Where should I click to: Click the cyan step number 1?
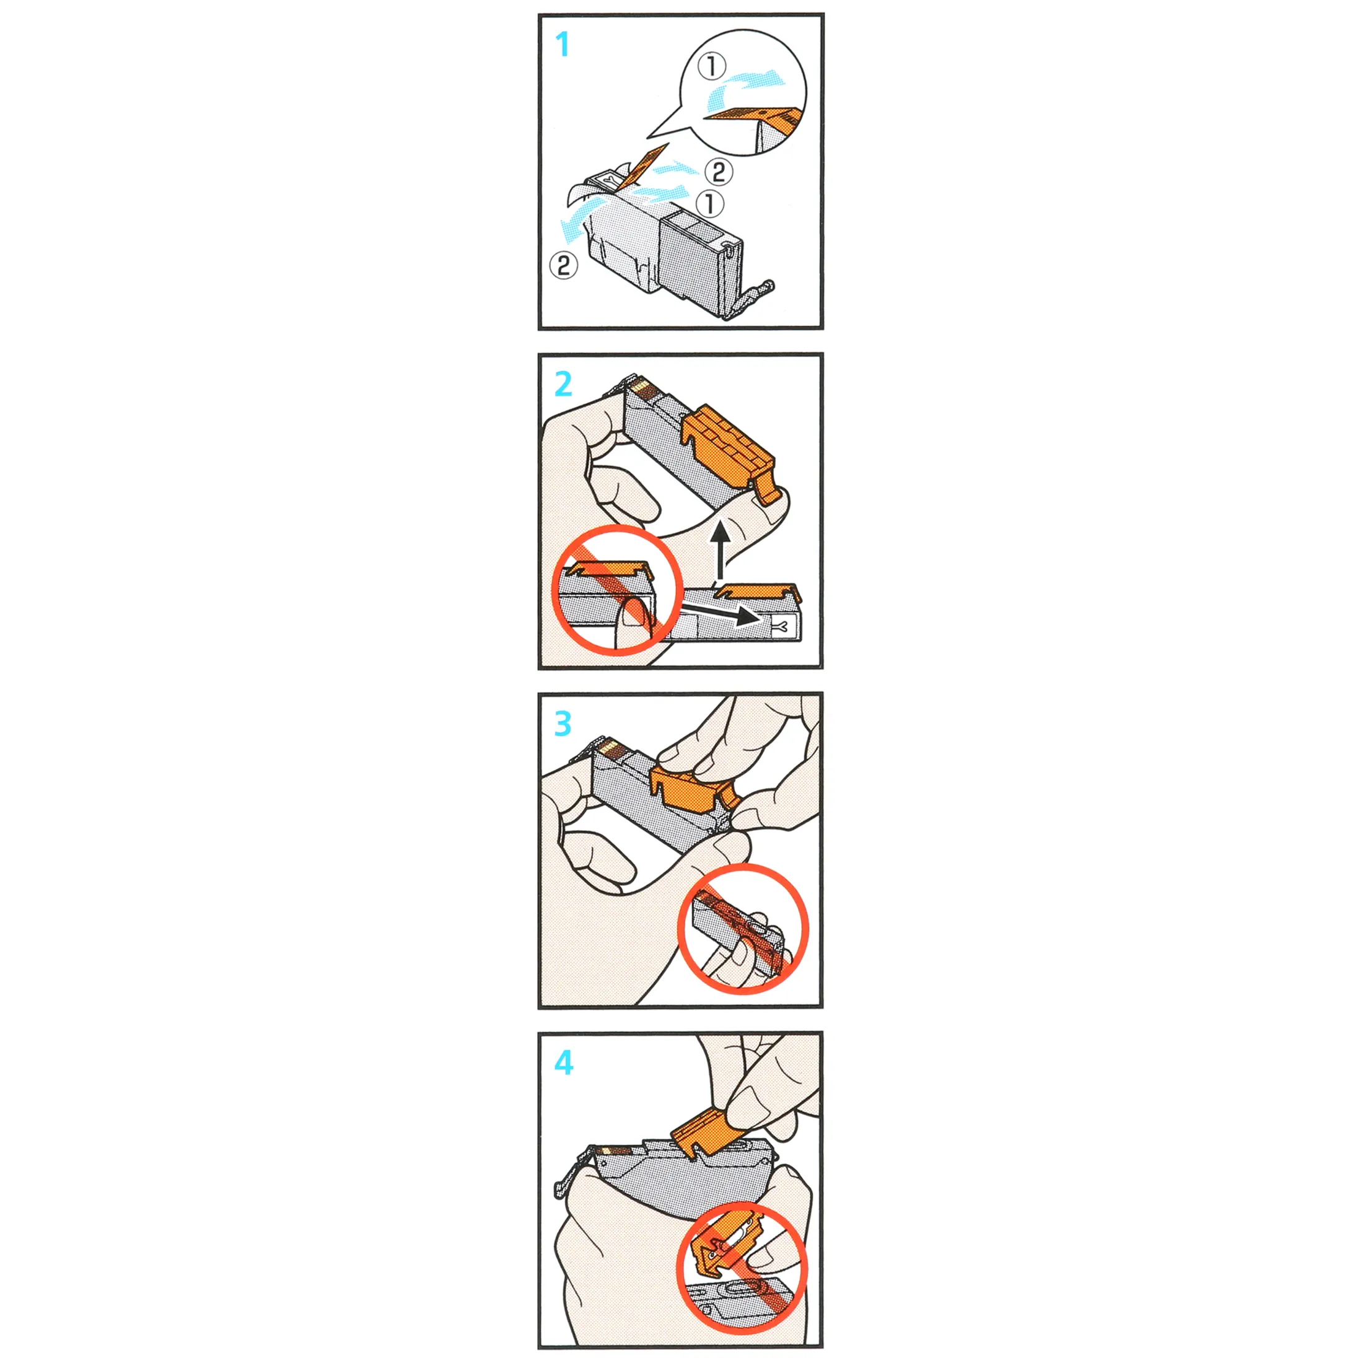coord(563,45)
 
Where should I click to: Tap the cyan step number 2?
coord(563,383)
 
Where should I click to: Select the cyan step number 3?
coord(563,723)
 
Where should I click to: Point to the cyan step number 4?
coord(564,1063)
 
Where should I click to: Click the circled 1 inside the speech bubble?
coord(712,66)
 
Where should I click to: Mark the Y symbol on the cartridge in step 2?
coord(783,625)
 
